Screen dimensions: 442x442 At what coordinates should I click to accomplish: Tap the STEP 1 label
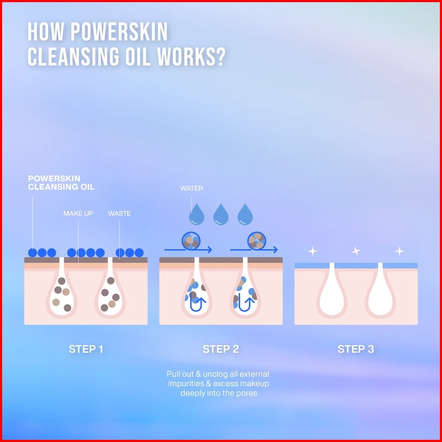tap(86, 349)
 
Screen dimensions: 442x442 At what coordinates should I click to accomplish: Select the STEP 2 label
tap(221, 349)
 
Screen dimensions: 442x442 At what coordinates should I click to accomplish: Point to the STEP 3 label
tap(356, 349)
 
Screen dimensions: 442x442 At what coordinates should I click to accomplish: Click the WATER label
tap(192, 188)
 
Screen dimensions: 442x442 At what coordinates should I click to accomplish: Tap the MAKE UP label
tap(78, 213)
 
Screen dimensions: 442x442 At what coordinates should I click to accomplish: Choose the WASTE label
tap(119, 213)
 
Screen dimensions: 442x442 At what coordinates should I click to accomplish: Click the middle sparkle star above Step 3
tap(356, 251)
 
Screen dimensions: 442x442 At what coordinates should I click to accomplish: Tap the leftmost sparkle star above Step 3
tap(312, 251)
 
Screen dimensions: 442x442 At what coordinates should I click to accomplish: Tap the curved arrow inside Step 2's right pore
tap(247, 303)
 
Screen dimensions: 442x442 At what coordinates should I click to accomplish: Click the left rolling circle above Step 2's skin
tap(191, 241)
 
